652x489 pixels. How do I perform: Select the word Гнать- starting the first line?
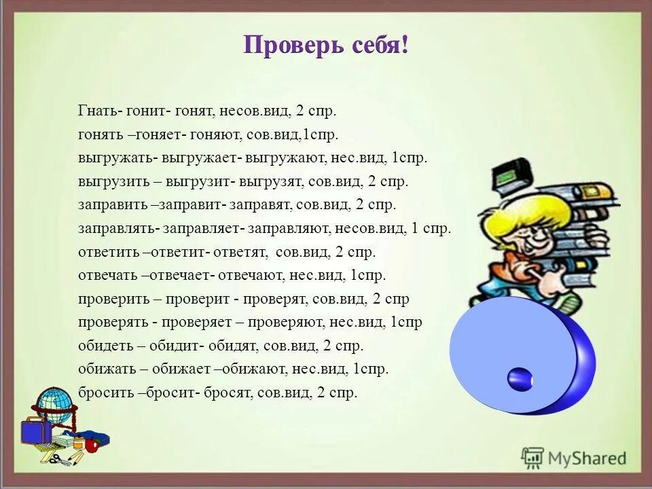(x=96, y=111)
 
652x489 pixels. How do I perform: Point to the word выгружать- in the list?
(x=118, y=158)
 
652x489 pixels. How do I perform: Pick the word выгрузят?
(x=276, y=182)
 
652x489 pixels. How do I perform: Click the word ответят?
(x=238, y=252)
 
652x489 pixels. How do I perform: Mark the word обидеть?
(x=105, y=346)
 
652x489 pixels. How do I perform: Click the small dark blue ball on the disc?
(x=520, y=379)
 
